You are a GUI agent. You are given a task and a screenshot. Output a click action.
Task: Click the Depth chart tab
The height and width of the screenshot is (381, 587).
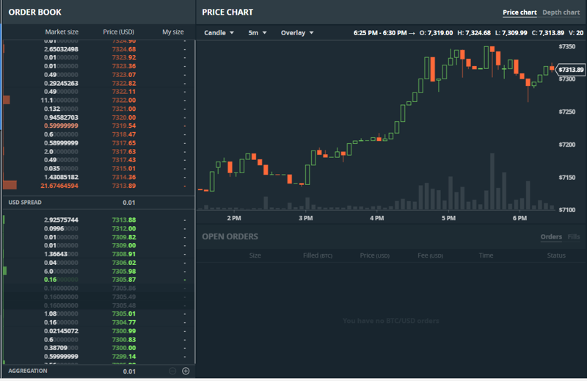(561, 12)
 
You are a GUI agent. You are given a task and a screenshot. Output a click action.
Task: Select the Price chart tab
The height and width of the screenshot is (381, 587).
(519, 12)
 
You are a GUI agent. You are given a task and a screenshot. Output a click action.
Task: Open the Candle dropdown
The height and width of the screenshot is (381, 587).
(219, 33)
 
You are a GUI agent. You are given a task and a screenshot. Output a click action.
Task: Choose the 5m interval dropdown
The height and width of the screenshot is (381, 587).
(257, 33)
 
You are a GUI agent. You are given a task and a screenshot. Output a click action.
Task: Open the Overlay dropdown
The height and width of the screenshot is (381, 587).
(296, 33)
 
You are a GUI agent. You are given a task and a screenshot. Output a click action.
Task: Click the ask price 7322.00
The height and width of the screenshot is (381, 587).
(124, 100)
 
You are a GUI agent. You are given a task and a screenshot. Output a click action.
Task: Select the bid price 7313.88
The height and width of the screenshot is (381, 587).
(124, 220)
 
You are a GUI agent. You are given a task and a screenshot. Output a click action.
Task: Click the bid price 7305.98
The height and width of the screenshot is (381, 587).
(124, 272)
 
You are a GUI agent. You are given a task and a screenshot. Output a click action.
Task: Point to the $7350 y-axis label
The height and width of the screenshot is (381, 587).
(567, 46)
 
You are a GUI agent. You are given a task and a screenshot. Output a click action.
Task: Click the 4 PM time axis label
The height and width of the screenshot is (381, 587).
(377, 218)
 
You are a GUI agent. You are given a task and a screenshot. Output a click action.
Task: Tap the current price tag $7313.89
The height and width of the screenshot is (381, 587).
(570, 70)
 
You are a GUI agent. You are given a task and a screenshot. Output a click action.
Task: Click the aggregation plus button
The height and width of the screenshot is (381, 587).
(186, 371)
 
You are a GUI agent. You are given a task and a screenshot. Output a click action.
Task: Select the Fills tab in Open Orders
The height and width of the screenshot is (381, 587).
(574, 237)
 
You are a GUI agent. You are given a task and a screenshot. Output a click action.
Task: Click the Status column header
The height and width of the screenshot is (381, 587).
(556, 255)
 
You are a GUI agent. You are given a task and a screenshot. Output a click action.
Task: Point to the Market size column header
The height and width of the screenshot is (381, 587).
(62, 32)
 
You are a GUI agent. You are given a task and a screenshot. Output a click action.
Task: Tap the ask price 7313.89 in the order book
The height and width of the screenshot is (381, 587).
(124, 186)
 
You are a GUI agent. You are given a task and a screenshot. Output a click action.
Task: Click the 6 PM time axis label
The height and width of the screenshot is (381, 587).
(519, 218)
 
